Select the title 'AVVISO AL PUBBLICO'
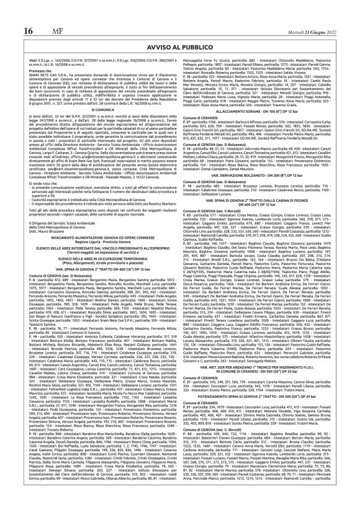click(x=180, y=29)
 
